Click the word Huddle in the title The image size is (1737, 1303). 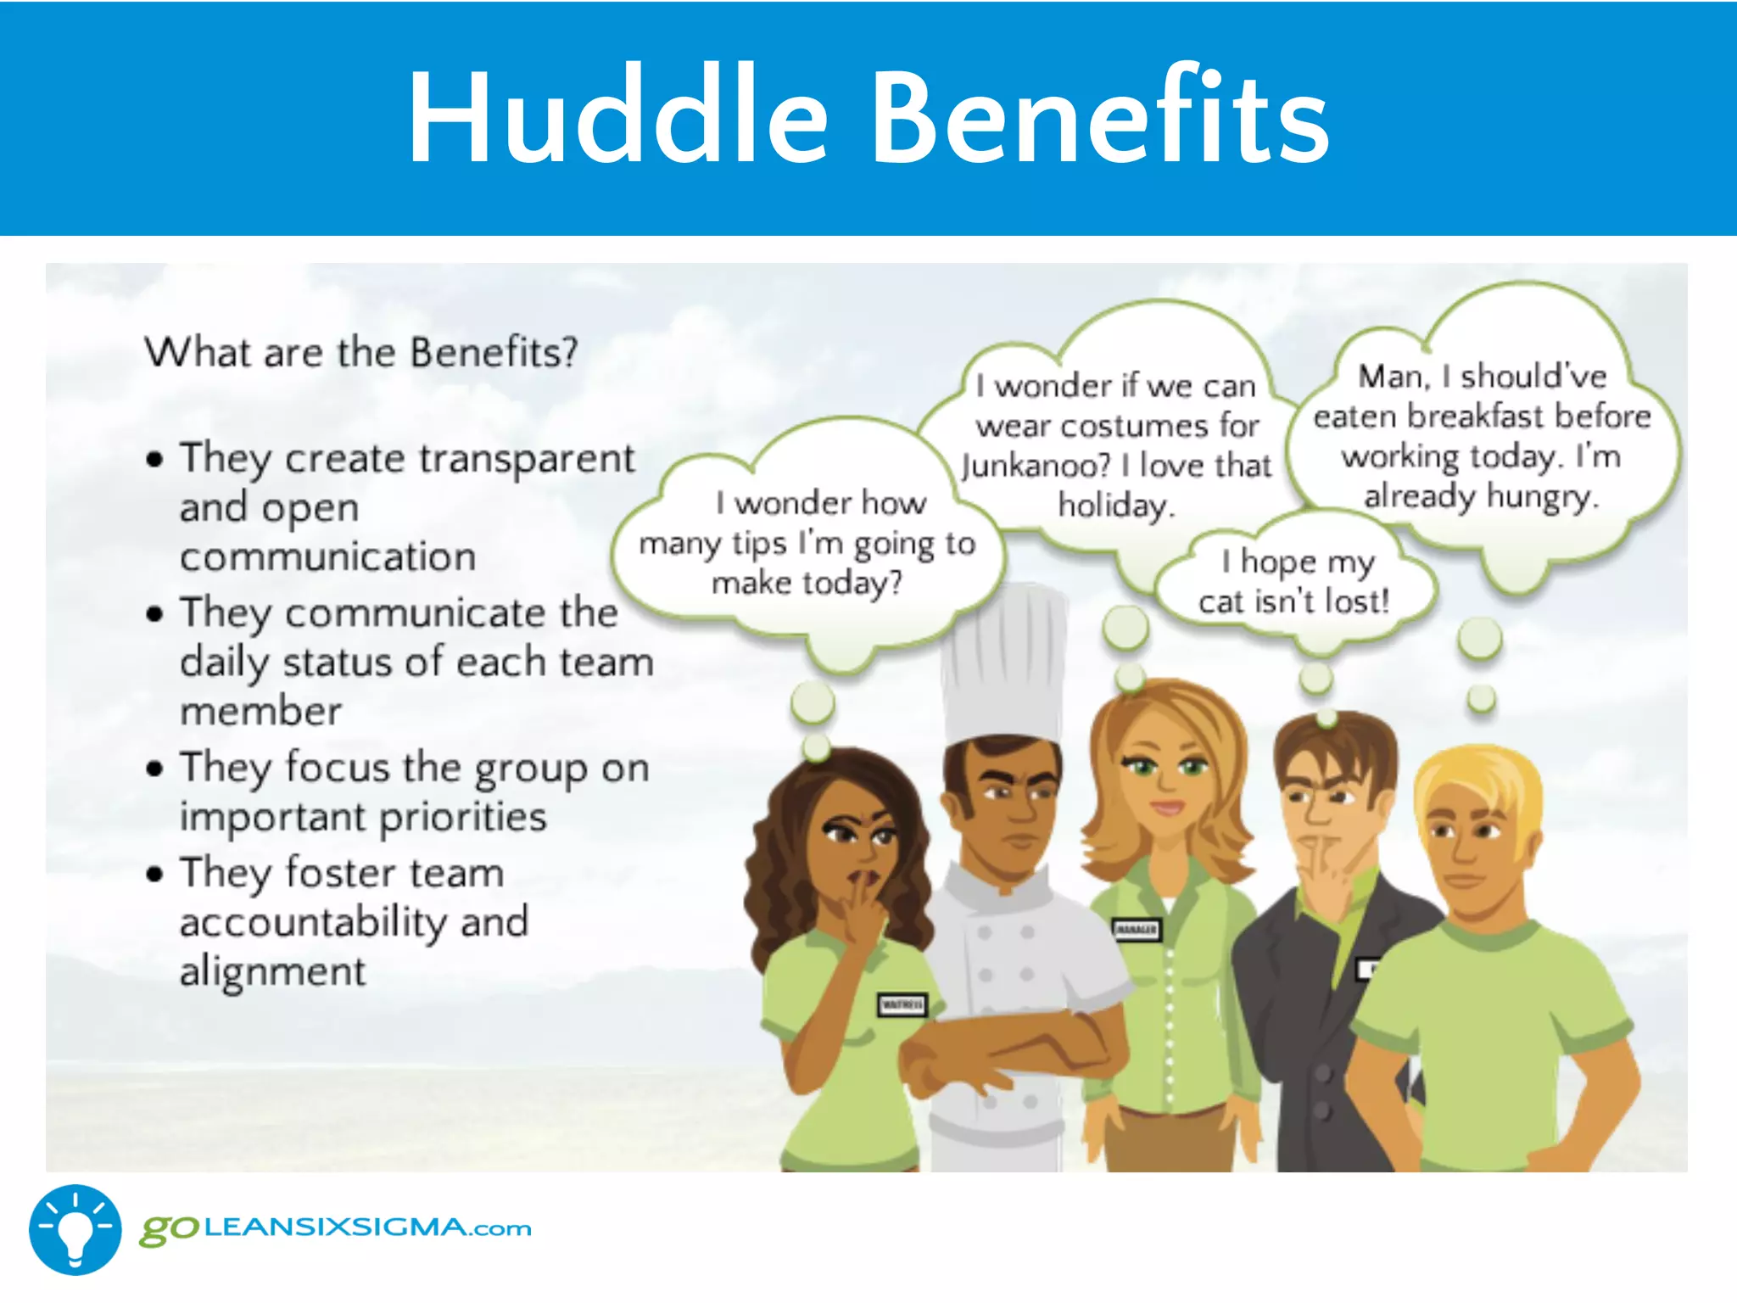pyautogui.click(x=617, y=116)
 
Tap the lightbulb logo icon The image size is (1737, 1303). pyautogui.click(x=75, y=1229)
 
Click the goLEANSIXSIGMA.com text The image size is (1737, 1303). pyautogui.click(x=336, y=1228)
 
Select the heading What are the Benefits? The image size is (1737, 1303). pyautogui.click(x=361, y=352)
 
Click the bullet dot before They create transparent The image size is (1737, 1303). pyautogui.click(x=154, y=460)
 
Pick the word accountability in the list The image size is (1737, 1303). pyautogui.click(x=313, y=922)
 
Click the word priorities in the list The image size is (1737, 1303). pyautogui.click(x=462, y=817)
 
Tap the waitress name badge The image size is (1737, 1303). pyautogui.click(x=902, y=1005)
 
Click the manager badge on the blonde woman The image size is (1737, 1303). pyautogui.click(x=1136, y=930)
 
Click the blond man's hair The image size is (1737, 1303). pyautogui.click(x=1476, y=785)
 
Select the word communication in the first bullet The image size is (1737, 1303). pyautogui.click(x=327, y=557)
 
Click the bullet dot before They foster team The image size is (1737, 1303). pyautogui.click(x=154, y=874)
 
